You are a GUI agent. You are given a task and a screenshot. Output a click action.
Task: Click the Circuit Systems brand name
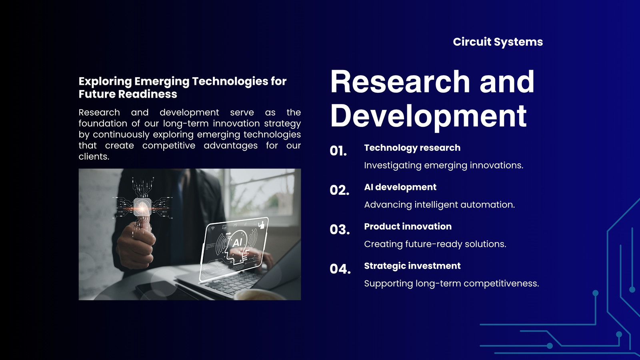[x=498, y=42]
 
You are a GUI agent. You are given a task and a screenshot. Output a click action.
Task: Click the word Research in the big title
[x=400, y=82]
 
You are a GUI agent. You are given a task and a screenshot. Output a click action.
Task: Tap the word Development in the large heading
[x=428, y=116]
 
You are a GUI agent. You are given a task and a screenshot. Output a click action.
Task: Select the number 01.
[x=338, y=150]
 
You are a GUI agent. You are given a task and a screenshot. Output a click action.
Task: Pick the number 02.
[x=340, y=190]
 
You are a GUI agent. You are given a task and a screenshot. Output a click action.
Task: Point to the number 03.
[x=340, y=230]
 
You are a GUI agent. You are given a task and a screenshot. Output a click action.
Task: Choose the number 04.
[x=340, y=269]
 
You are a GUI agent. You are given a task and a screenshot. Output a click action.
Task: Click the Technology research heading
[x=412, y=148]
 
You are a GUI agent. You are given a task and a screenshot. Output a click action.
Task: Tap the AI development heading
[x=400, y=187]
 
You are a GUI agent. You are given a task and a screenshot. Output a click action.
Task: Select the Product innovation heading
[x=408, y=226]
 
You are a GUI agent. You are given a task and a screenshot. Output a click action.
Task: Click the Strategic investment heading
[x=412, y=266]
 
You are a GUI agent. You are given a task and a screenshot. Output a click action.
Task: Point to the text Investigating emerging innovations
[x=444, y=166]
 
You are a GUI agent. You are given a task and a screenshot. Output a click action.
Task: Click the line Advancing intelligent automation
[x=440, y=205]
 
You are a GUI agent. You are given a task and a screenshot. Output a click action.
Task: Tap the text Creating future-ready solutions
[x=435, y=244]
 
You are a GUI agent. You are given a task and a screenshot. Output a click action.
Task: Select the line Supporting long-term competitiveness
[x=452, y=284]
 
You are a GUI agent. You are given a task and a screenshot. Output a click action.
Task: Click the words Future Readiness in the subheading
[x=128, y=94]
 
